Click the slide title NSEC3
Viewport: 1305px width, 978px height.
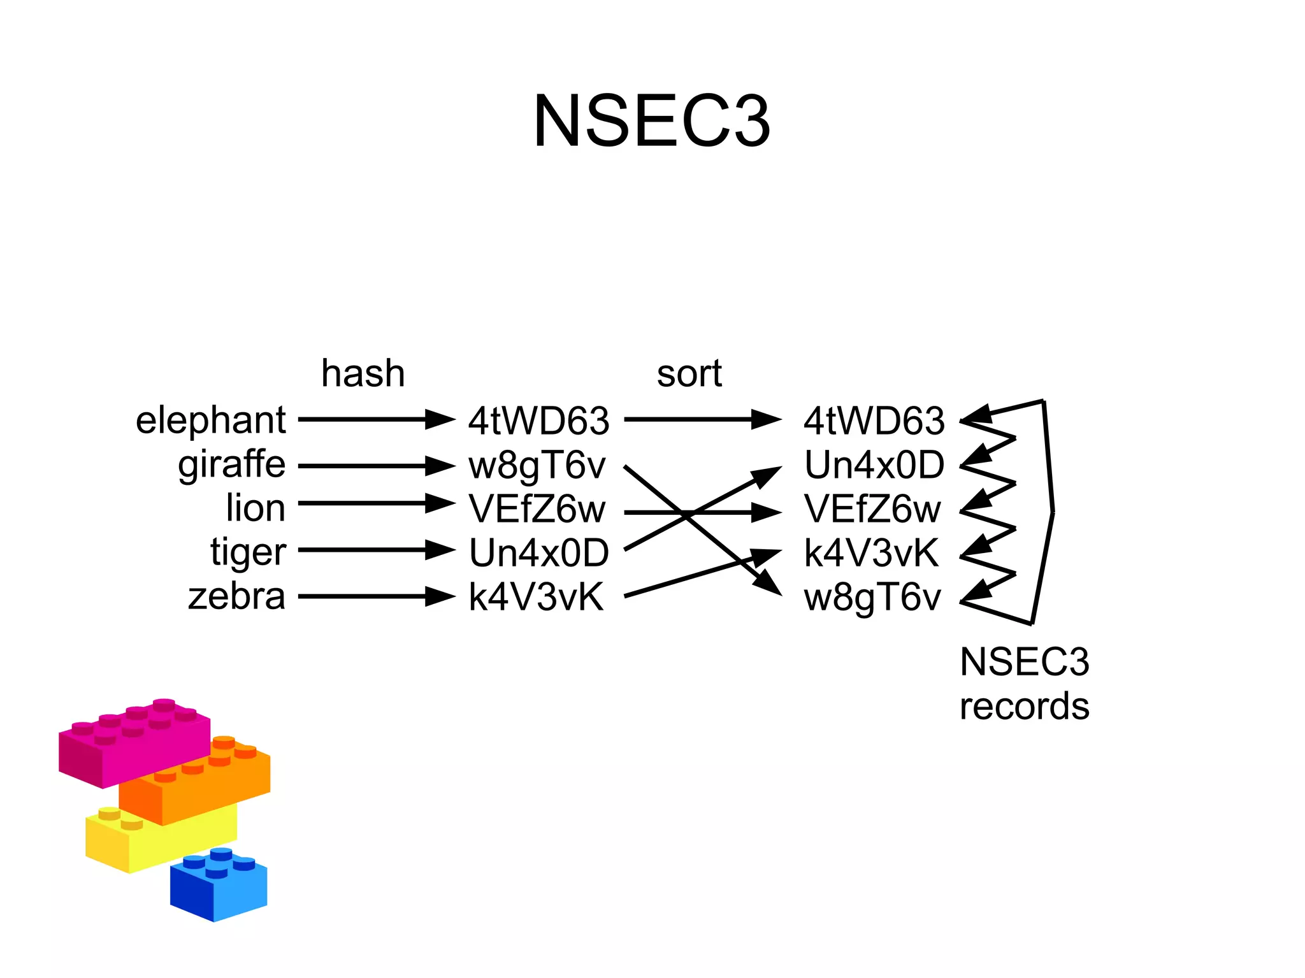click(651, 121)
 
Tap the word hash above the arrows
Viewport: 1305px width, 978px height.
click(363, 373)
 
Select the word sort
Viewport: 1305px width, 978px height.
click(689, 373)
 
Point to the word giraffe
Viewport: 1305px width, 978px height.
click(231, 465)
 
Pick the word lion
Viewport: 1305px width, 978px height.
click(255, 508)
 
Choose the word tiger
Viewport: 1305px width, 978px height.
click(248, 552)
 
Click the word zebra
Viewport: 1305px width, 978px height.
click(236, 596)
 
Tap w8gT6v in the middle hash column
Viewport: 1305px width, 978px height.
click(537, 466)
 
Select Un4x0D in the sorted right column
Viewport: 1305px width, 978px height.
click(874, 465)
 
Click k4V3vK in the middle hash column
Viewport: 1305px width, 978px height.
click(535, 597)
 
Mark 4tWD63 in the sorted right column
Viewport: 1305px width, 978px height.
click(874, 421)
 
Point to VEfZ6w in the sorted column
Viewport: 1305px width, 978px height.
click(872, 509)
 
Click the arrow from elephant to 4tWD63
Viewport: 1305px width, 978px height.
click(376, 419)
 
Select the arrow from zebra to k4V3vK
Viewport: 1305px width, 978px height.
click(376, 596)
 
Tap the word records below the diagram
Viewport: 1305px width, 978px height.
click(1024, 707)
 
